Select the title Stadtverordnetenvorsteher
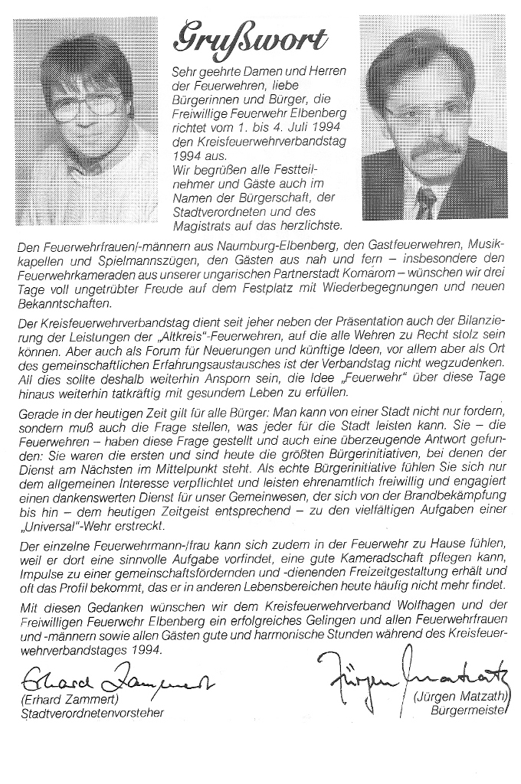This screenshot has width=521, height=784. pyautogui.click(x=93, y=715)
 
